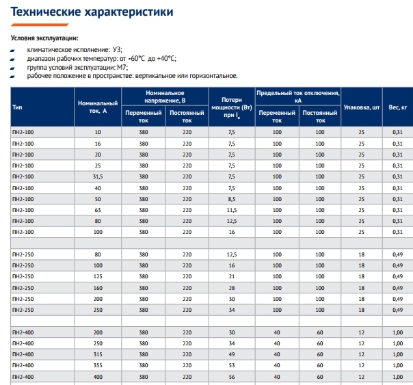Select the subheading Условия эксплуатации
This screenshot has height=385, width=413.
pos(44,38)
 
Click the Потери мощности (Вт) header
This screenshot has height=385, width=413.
pos(231,107)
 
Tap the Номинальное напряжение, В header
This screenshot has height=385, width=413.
pos(165,96)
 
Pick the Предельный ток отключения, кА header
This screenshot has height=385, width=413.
pos(297,96)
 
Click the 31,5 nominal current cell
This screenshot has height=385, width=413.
pos(98,176)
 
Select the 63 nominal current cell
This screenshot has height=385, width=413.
pos(98,209)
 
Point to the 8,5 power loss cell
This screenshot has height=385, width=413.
pos(231,198)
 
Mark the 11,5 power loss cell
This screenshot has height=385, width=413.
pos(231,209)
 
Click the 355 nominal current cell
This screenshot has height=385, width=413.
pos(98,365)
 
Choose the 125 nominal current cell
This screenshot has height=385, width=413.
pos(98,276)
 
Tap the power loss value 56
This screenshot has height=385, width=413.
pos(231,377)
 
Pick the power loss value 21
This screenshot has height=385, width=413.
pos(231,276)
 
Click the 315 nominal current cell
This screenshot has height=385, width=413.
pos(98,354)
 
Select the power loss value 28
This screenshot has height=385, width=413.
pos(231,287)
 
